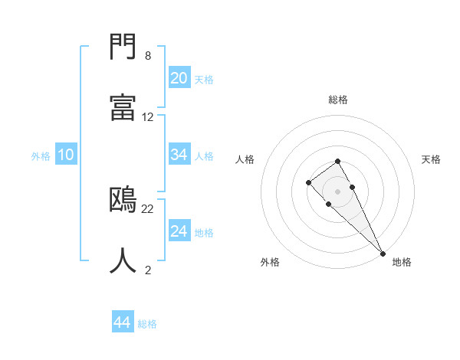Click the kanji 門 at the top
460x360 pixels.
coord(123,48)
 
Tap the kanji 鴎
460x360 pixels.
coord(123,201)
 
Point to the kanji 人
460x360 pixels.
coord(123,261)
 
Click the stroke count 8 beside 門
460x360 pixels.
coord(147,56)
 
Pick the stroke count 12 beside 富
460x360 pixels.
coord(148,117)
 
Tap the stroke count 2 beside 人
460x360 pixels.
coord(147,270)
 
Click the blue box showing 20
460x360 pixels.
coord(179,78)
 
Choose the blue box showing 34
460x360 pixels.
coord(179,155)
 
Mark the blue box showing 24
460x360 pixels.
coord(179,231)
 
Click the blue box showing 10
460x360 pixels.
coord(66,155)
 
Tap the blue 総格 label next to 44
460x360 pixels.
coord(147,324)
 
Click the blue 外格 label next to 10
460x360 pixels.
coord(41,156)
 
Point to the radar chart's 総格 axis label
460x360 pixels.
coord(338,100)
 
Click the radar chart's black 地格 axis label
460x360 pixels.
coord(402,262)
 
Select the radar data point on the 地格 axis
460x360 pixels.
coord(382,253)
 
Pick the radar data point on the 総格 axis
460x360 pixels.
coord(337,161)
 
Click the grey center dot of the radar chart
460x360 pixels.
coord(337,191)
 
